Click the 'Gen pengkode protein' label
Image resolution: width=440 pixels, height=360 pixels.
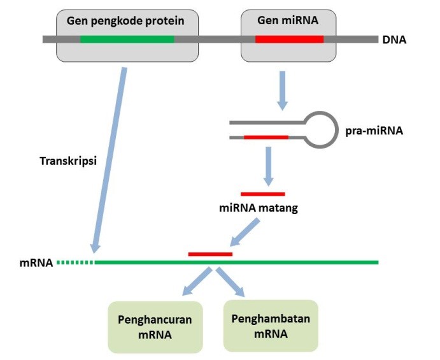tap(125, 21)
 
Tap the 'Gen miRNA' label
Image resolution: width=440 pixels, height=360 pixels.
tap(288, 20)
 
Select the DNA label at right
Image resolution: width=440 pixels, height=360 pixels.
tap(394, 40)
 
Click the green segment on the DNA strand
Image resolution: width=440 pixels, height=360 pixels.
tap(127, 40)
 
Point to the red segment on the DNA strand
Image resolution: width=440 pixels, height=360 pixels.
tap(289, 40)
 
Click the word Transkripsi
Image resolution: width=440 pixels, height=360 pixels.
tap(68, 161)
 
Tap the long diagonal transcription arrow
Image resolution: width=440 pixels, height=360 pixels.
tap(110, 160)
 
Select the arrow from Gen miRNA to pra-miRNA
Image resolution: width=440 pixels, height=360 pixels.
tap(282, 90)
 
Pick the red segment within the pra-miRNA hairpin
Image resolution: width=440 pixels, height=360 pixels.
tap(266, 138)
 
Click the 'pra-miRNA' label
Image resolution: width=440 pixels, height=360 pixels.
tap(374, 131)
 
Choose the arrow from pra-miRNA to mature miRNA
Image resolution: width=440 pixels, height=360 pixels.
tap(269, 166)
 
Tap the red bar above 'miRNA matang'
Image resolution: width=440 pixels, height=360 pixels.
tap(263, 194)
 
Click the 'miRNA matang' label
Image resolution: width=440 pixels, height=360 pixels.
tap(259, 208)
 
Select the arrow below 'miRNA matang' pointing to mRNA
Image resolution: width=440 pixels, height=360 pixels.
tap(245, 232)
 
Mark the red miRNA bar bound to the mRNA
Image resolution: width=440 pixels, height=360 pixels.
tap(211, 254)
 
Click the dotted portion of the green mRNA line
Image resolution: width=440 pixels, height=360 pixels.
tap(75, 263)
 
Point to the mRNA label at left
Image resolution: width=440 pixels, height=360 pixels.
tap(36, 263)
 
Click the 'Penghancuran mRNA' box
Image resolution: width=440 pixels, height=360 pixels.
tap(155, 327)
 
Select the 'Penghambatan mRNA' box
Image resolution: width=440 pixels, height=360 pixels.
tap(271, 326)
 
